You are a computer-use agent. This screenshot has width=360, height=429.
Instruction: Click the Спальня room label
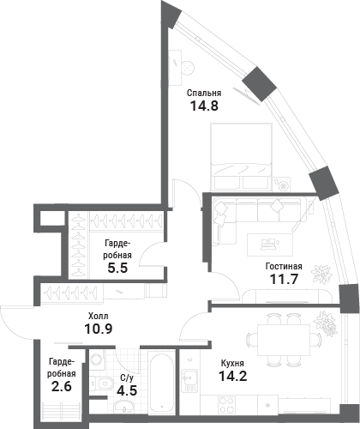point(204,94)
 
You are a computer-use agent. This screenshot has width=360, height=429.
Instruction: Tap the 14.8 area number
point(204,106)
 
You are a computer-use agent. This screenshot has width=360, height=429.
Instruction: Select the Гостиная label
point(284,266)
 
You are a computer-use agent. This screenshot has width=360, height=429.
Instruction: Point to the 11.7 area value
point(284,279)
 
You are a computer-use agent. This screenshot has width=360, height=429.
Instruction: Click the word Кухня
point(232,364)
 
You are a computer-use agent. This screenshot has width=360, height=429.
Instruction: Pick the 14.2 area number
point(233,376)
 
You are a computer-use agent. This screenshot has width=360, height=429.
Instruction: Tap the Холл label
point(99,316)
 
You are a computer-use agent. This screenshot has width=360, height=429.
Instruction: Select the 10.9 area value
point(99,329)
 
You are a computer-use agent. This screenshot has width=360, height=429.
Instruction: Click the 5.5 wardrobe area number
point(117,268)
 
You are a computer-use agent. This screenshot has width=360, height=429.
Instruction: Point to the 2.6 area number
point(62,387)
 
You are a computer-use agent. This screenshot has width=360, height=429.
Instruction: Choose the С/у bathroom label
point(127,378)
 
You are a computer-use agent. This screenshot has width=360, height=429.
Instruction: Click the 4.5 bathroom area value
point(127,390)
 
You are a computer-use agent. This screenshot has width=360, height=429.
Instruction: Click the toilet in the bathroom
point(102,383)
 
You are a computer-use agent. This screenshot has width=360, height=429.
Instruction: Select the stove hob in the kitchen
point(226,404)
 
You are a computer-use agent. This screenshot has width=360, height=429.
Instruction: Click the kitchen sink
point(189,380)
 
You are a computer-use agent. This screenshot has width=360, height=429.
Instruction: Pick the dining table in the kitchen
point(284,340)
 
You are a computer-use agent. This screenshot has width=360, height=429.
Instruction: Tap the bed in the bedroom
point(241,157)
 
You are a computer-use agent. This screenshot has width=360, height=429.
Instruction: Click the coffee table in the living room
point(270,245)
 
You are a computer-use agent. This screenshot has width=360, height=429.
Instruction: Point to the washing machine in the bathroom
point(98,360)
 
